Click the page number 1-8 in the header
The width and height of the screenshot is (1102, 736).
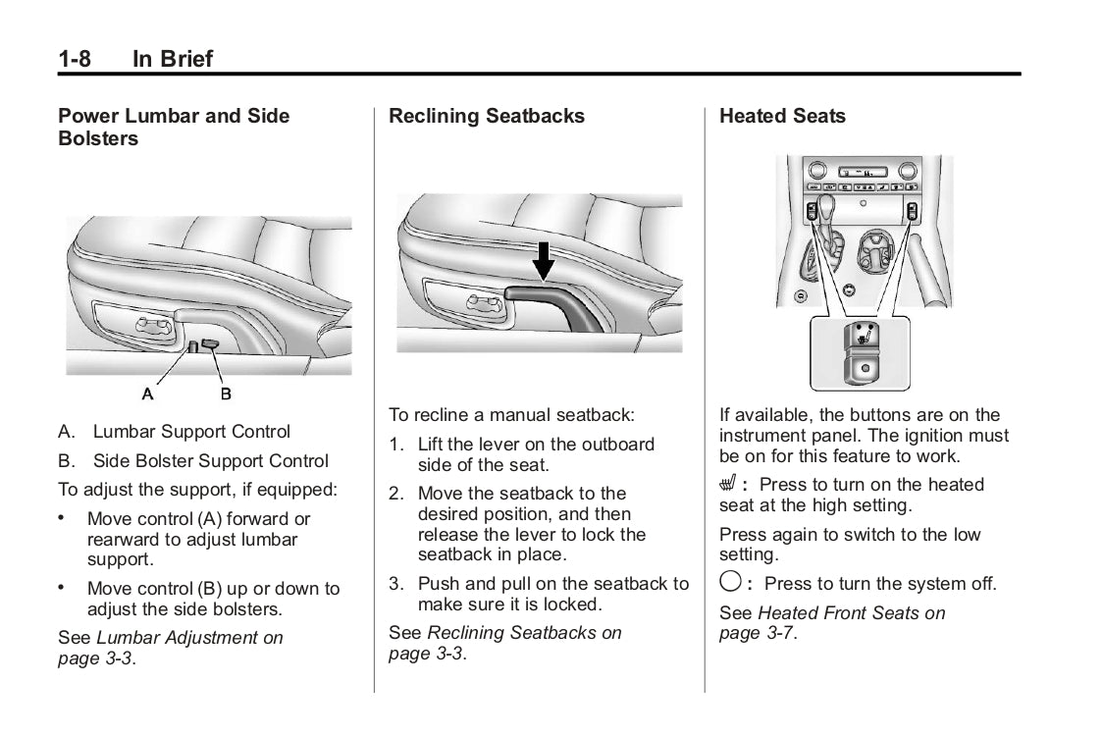point(75,59)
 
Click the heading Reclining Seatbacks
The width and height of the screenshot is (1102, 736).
point(486,116)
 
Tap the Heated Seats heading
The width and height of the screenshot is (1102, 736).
point(781,116)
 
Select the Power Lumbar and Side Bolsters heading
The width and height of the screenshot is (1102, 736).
point(174,127)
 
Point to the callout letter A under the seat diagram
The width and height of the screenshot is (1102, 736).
point(148,394)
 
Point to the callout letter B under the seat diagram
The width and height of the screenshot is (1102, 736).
point(225,394)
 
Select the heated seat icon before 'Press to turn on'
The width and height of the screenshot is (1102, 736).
point(729,485)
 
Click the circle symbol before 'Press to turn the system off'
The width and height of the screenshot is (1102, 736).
point(730,583)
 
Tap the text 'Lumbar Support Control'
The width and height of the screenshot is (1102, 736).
point(191,432)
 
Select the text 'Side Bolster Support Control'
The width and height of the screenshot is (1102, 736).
point(211,461)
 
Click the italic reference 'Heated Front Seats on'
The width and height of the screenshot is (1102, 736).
point(852,613)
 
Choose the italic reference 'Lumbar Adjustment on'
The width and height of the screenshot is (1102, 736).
point(189,638)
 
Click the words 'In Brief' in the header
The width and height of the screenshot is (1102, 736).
point(173,59)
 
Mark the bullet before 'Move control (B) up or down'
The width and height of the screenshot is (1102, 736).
point(62,588)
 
